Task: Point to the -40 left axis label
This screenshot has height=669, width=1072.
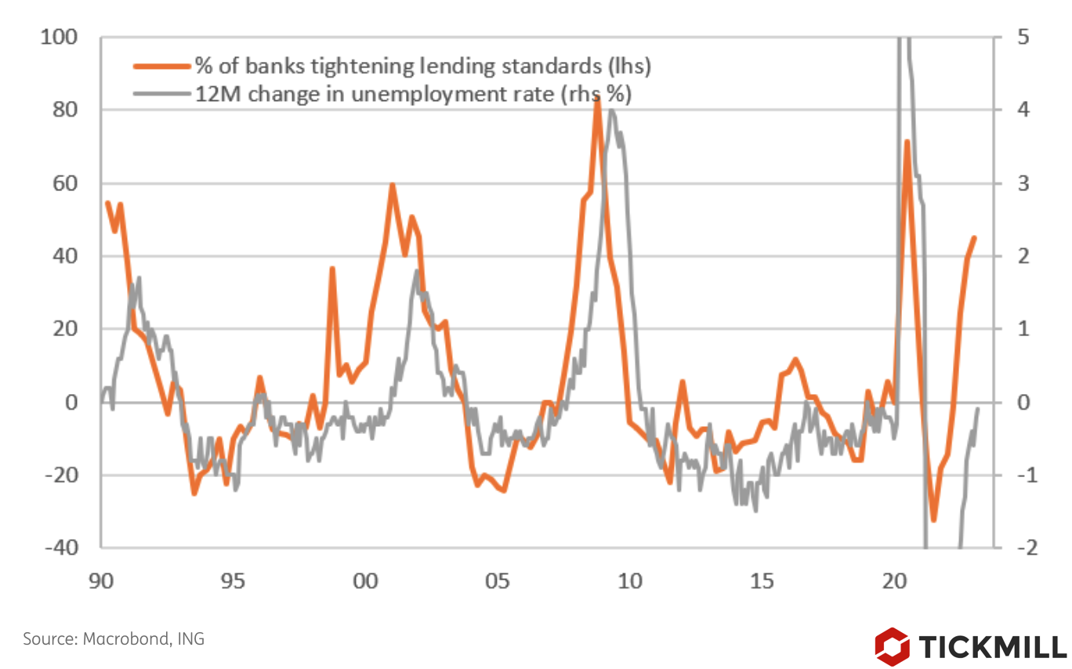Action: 63,548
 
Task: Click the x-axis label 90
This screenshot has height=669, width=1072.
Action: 102,581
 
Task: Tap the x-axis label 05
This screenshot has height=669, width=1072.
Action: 498,581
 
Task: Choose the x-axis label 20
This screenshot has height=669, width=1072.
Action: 893,581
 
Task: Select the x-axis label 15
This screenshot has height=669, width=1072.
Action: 762,581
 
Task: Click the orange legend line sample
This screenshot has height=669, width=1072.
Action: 163,67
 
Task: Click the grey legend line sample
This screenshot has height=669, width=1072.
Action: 163,94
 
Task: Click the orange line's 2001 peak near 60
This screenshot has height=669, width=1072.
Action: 392,186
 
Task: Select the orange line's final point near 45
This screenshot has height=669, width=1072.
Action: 974,237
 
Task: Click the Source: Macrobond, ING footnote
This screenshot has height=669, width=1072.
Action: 114,638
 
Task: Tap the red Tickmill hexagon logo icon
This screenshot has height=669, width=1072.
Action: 893,646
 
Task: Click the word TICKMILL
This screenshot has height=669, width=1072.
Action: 993,647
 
